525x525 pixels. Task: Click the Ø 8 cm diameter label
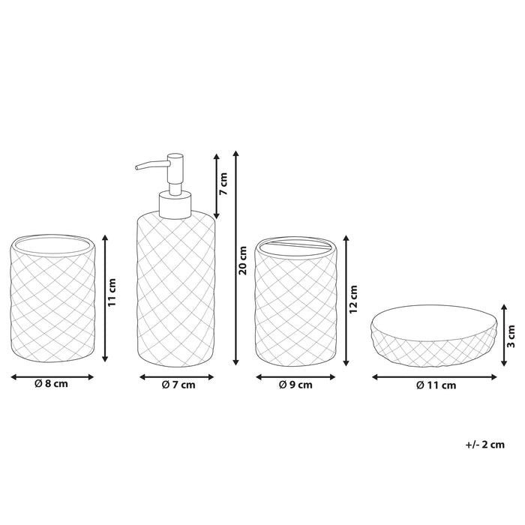point(51,384)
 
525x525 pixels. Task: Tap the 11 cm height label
point(112,292)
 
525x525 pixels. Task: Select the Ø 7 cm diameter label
point(178,385)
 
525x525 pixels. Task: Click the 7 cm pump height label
point(223,184)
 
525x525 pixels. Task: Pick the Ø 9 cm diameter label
point(295,385)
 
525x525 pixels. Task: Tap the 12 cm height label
point(353,299)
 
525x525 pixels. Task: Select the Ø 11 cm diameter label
point(436,385)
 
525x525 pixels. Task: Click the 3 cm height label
point(511,336)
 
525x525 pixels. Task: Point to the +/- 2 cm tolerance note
point(484,445)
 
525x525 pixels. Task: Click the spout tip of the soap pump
point(136,167)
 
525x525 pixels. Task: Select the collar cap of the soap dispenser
point(175,205)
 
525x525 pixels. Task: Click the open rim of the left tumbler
point(53,246)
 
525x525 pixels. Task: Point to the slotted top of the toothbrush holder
point(296,247)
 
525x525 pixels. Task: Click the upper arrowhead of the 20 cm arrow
point(236,154)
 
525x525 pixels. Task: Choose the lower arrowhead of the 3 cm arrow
point(504,362)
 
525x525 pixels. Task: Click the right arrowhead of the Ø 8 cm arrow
point(91,377)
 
